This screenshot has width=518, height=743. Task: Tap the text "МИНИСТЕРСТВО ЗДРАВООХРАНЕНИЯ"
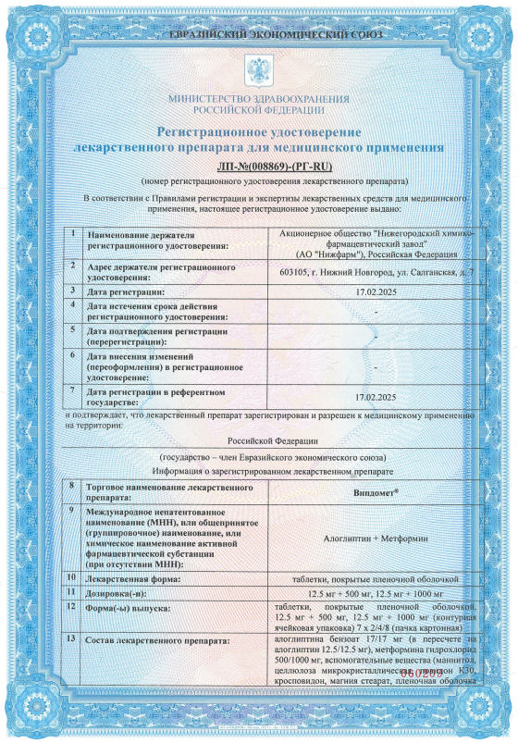pyautogui.click(x=259, y=98)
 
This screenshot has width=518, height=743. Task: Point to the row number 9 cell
pyautogui.click(x=72, y=511)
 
